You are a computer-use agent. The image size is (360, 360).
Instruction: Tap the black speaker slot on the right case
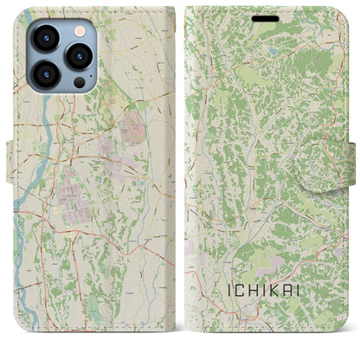coord(267,18)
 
